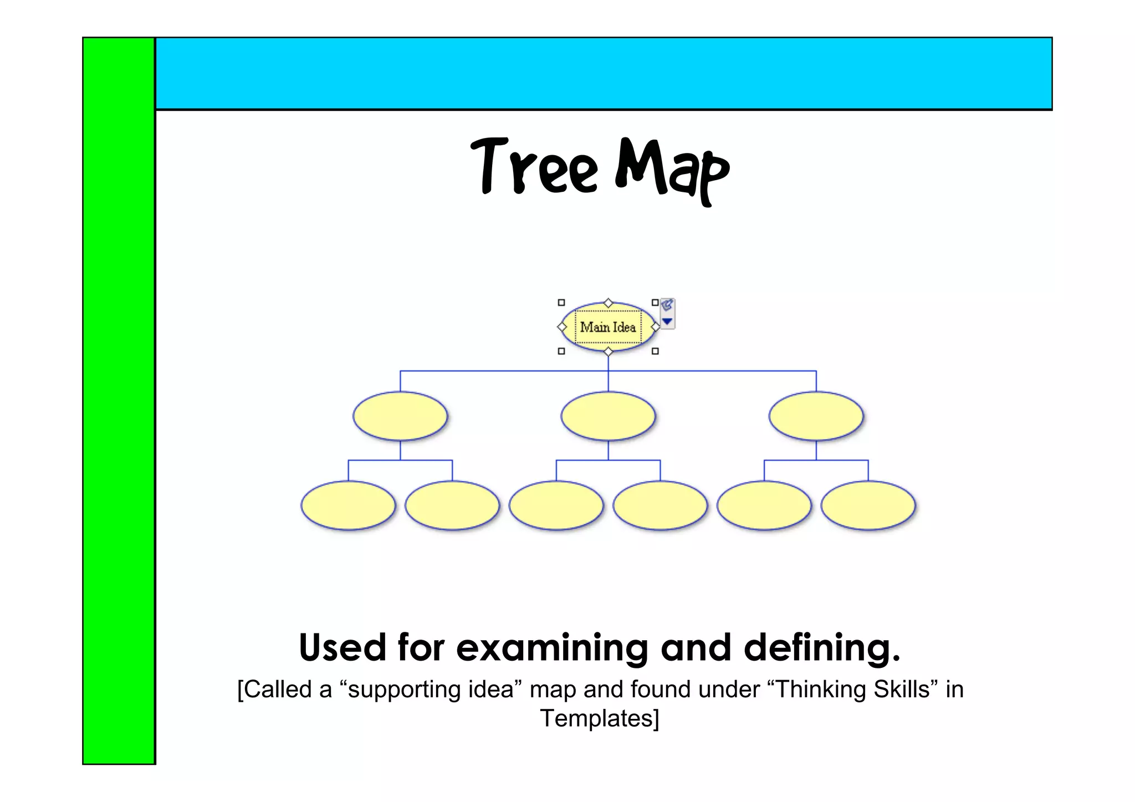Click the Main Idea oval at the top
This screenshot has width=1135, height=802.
point(608,327)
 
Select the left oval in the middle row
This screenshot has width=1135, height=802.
point(400,416)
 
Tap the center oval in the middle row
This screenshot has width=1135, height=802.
point(608,416)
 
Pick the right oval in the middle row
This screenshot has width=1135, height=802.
point(816,416)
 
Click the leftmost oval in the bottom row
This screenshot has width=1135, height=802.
point(348,505)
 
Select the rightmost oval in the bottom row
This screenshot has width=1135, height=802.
point(868,505)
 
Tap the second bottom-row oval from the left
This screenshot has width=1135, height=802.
point(452,505)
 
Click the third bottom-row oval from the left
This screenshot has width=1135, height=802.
point(556,505)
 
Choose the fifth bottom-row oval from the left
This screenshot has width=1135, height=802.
point(764,505)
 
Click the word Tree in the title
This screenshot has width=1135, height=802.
point(534,167)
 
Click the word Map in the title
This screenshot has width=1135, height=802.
point(672,169)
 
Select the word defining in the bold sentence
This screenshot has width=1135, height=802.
point(821,647)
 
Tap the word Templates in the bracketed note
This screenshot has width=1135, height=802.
point(599,718)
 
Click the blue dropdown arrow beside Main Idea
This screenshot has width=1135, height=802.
point(667,321)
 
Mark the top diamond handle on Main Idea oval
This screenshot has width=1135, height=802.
point(608,303)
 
